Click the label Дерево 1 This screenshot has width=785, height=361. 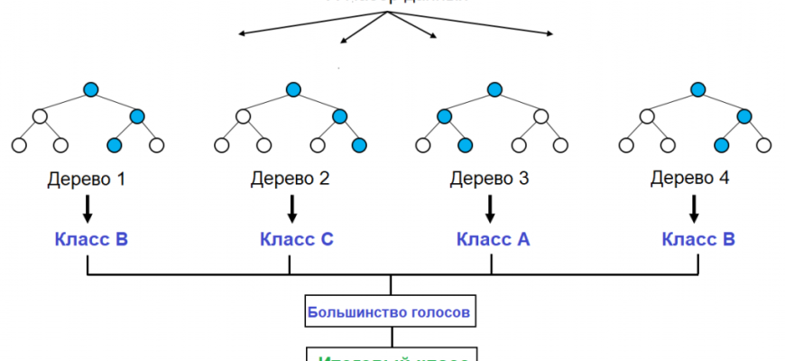(87, 179)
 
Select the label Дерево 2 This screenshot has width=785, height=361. (290, 179)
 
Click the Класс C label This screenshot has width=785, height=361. (297, 240)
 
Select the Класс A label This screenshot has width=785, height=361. (493, 240)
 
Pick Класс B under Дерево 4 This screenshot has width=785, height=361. (698, 240)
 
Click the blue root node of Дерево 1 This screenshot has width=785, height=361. (90, 88)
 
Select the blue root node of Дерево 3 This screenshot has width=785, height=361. (494, 88)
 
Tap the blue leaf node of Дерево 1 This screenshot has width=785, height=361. (114, 144)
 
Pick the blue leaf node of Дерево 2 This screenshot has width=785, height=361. (359, 144)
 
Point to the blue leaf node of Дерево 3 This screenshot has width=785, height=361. (466, 144)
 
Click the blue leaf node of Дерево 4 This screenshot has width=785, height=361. (721, 144)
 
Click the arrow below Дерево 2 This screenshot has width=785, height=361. (291, 209)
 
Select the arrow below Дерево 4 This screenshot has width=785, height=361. (694, 209)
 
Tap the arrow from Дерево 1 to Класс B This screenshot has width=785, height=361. (88, 209)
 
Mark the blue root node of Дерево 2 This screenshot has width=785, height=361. (292, 88)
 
